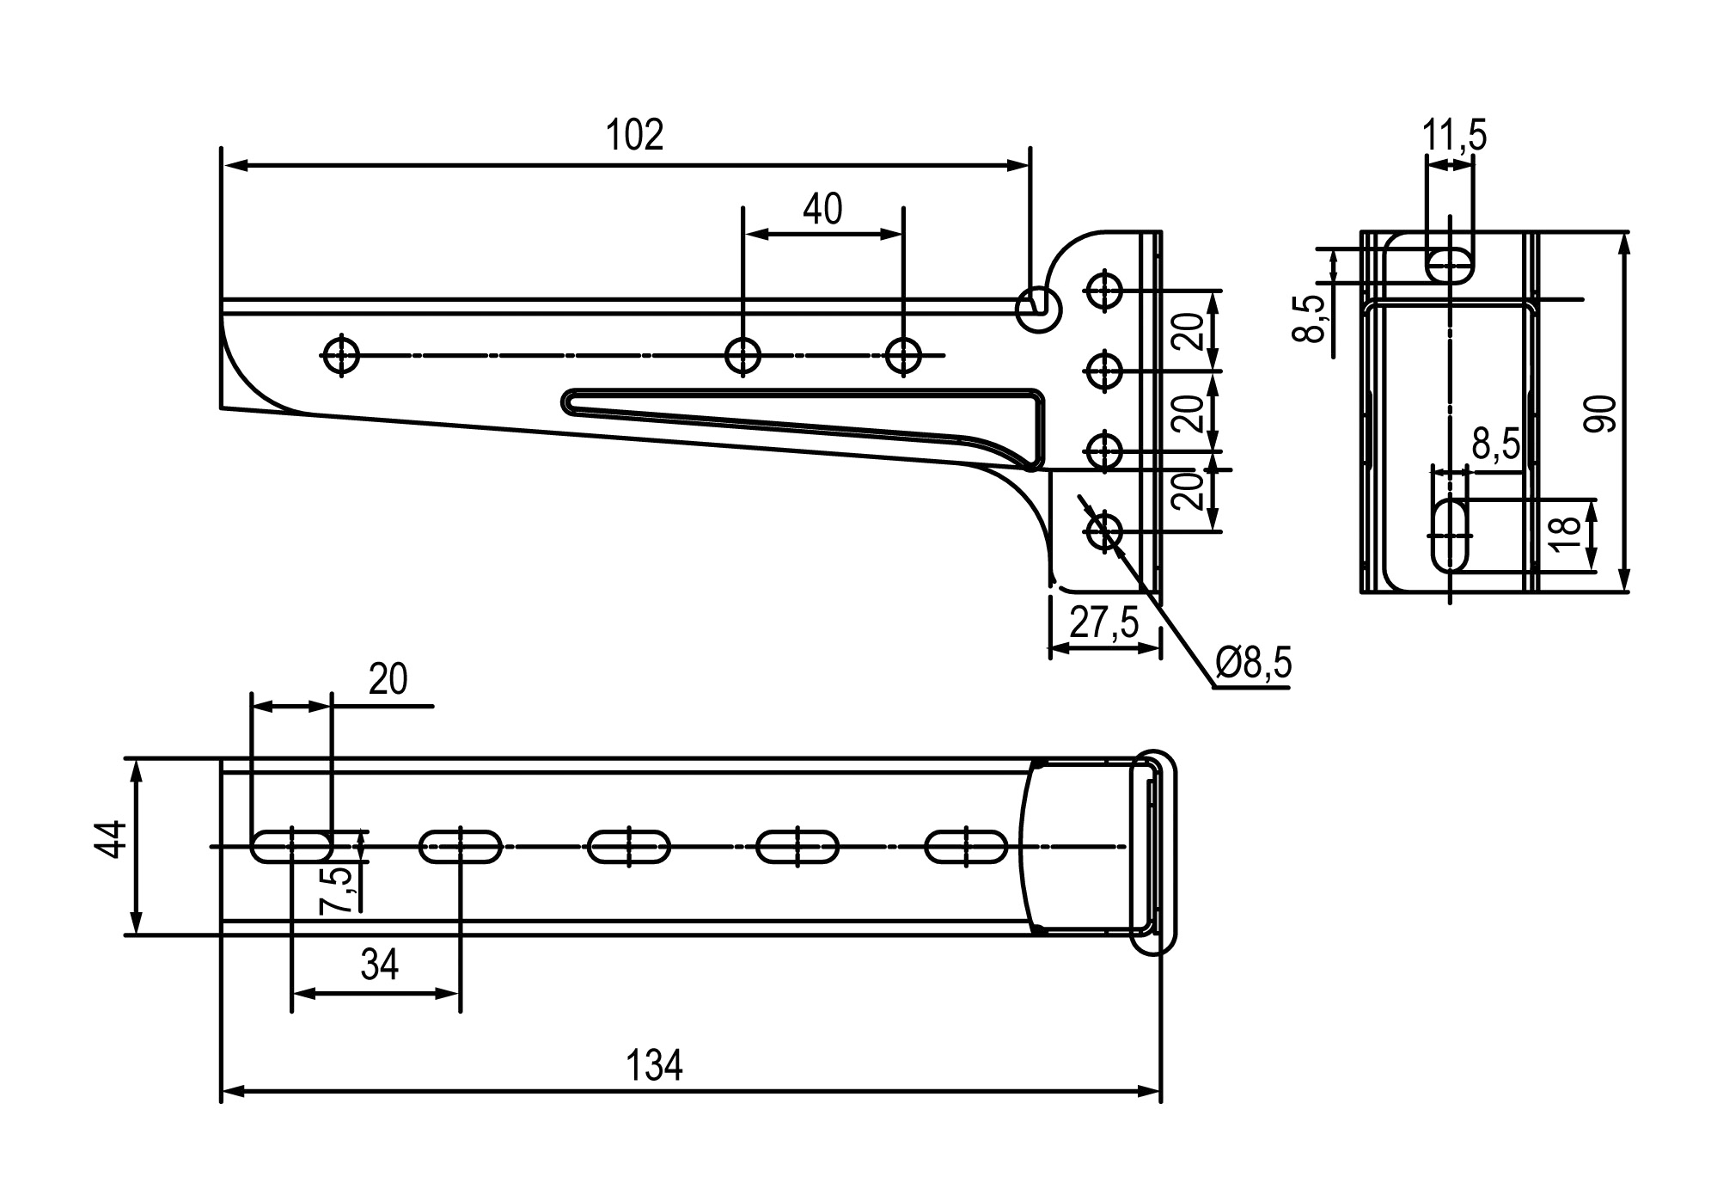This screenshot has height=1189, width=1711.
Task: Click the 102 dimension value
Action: click(x=635, y=136)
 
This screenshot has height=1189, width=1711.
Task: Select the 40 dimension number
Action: click(x=822, y=209)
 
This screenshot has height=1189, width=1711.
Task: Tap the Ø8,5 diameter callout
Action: click(x=1254, y=664)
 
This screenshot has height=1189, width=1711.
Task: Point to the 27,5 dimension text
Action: click(x=1103, y=622)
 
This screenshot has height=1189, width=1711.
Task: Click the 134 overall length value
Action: click(x=654, y=1066)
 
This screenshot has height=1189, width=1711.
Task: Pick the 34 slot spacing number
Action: click(x=379, y=965)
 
